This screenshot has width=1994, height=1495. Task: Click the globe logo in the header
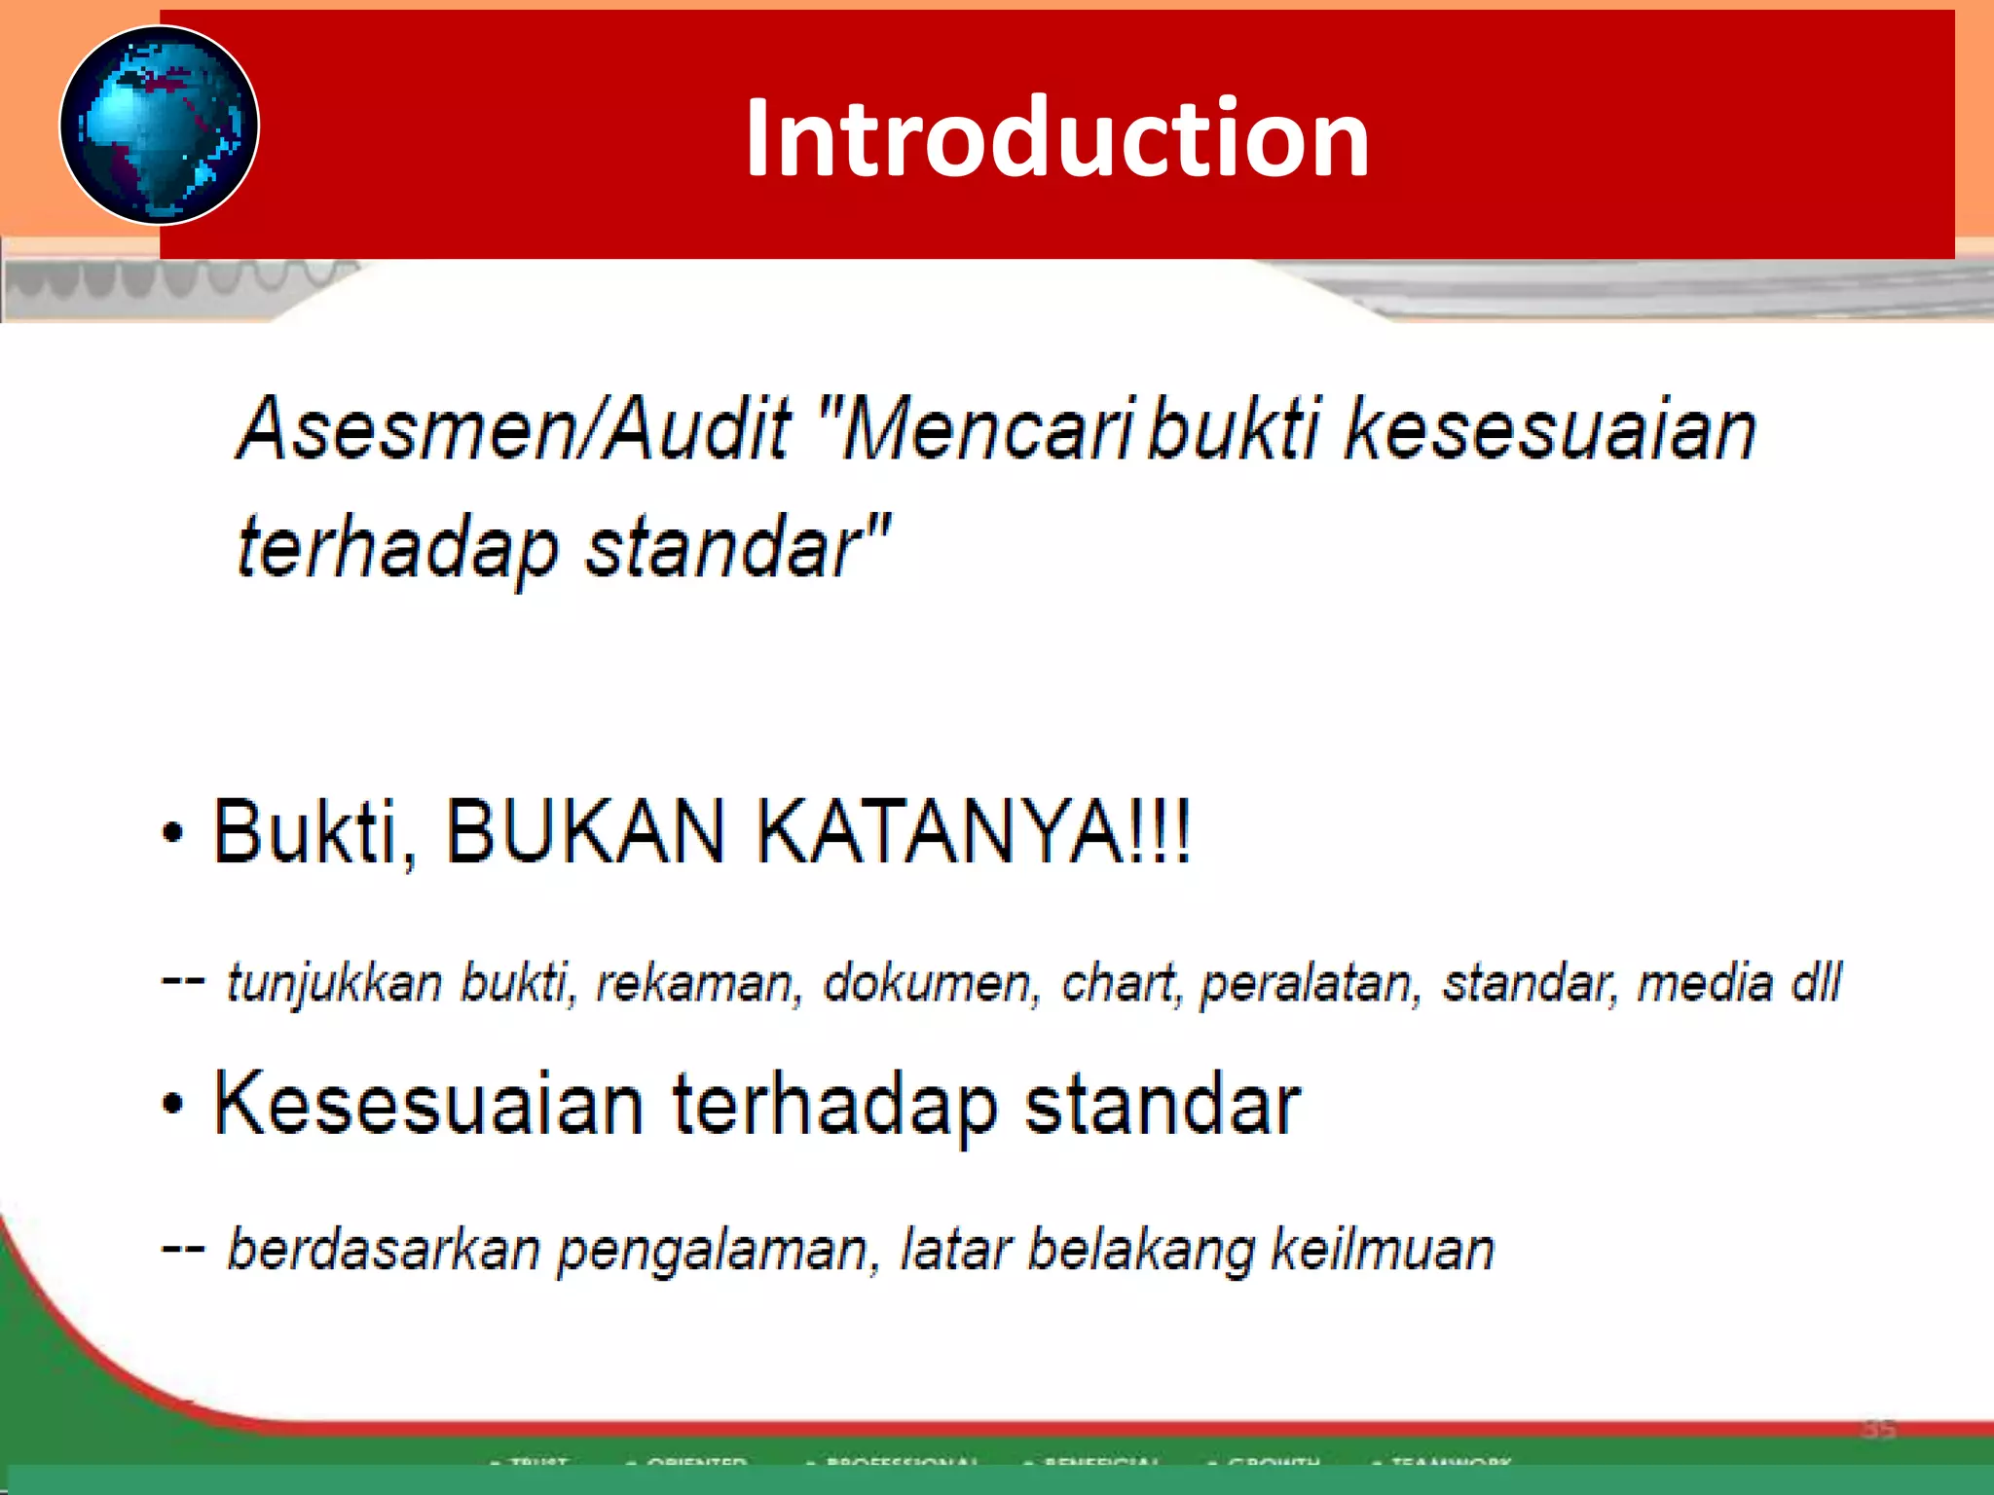pos(159,125)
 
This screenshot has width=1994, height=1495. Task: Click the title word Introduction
pos(1057,137)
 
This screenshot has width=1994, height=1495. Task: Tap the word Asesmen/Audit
pos(514,429)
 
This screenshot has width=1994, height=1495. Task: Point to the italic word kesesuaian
pos(1550,429)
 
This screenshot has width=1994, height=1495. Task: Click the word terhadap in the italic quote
pos(397,548)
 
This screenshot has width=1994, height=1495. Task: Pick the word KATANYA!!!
pos(974,831)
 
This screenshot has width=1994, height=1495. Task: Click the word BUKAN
pos(585,831)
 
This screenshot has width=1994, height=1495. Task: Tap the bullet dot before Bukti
pos(173,834)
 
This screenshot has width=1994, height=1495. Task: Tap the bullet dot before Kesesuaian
pos(173,1105)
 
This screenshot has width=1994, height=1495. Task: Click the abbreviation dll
pos(1816,981)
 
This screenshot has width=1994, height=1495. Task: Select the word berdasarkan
pos(383,1249)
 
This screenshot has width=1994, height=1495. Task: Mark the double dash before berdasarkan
pos(183,1249)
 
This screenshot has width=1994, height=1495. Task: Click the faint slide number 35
pos(1878,1429)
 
